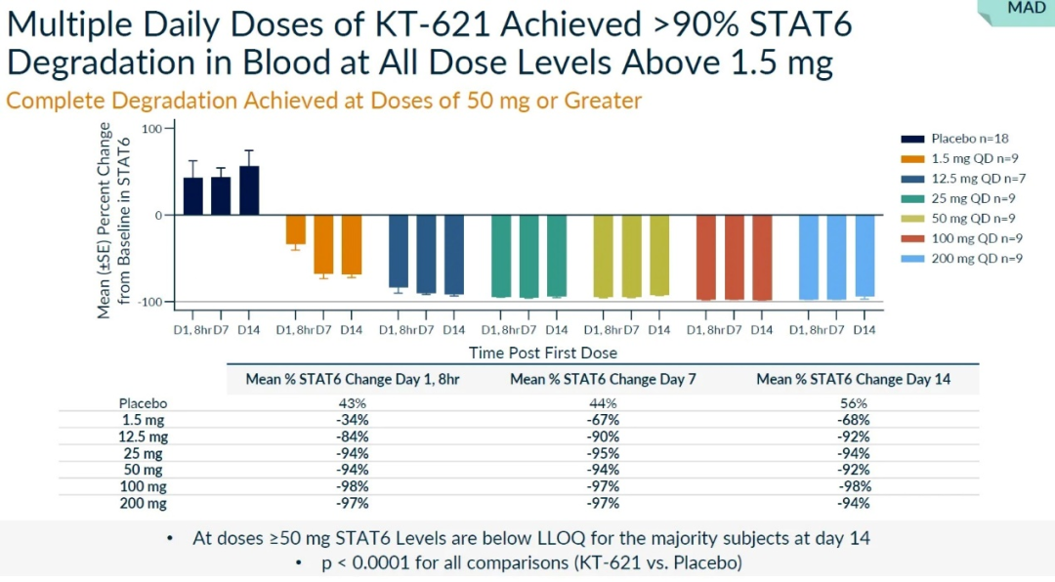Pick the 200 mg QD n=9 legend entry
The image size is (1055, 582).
pyautogui.click(x=958, y=258)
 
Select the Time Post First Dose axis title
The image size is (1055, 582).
pyautogui.click(x=543, y=353)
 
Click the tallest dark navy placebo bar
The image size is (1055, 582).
pyautogui.click(x=249, y=189)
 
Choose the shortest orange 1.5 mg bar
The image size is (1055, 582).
pyautogui.click(x=295, y=229)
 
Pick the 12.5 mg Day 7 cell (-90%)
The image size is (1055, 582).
pyautogui.click(x=602, y=436)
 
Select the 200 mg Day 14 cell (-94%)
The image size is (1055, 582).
pyautogui.click(x=854, y=504)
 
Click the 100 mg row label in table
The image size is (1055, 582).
pyautogui.click(x=144, y=487)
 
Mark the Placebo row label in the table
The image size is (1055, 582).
pyautogui.click(x=144, y=403)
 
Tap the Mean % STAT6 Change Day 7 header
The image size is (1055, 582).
pyautogui.click(x=602, y=379)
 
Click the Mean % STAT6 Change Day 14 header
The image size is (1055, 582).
pyautogui.click(x=854, y=379)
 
